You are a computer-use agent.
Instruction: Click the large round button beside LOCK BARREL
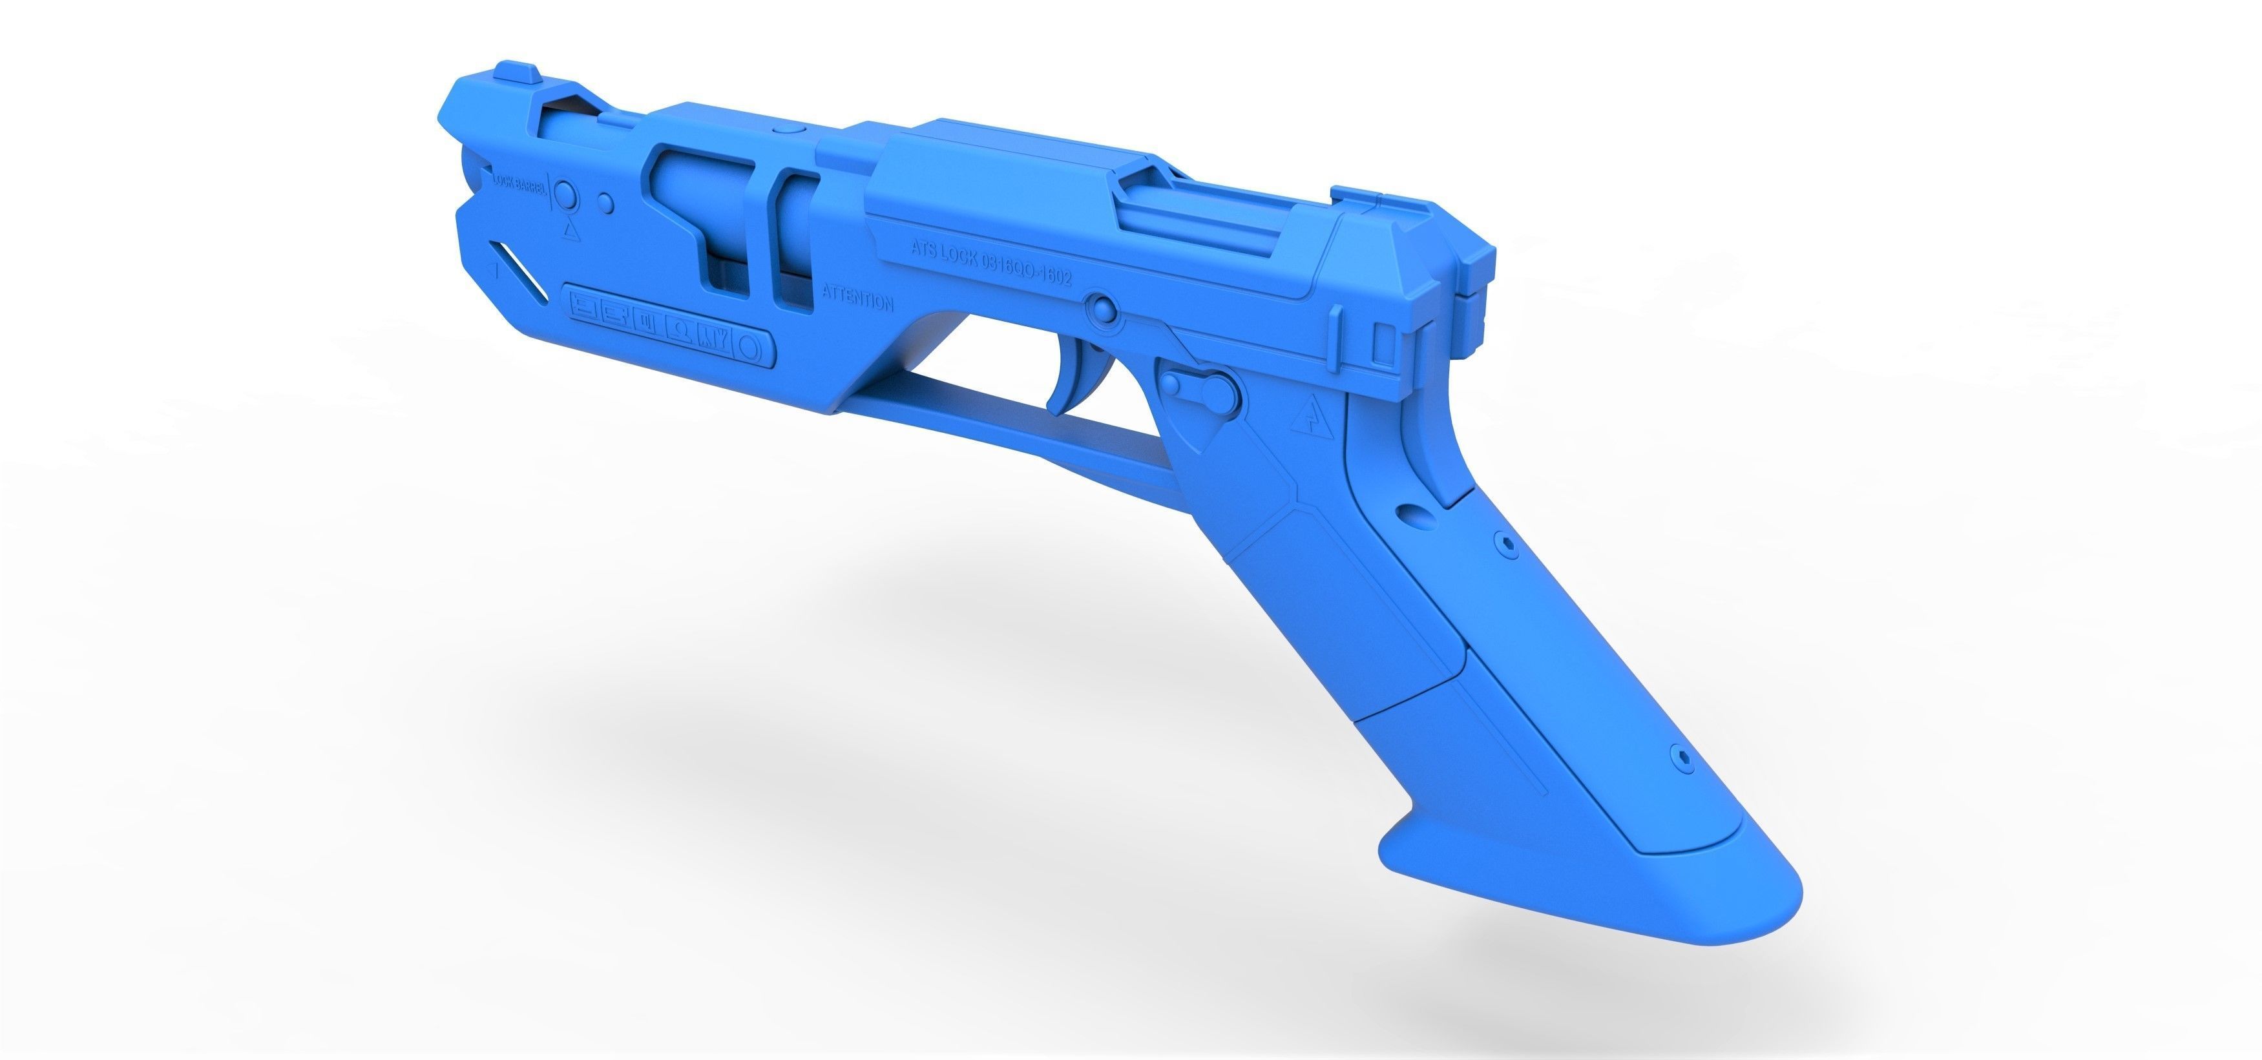567,196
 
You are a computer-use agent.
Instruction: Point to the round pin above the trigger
1100,307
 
